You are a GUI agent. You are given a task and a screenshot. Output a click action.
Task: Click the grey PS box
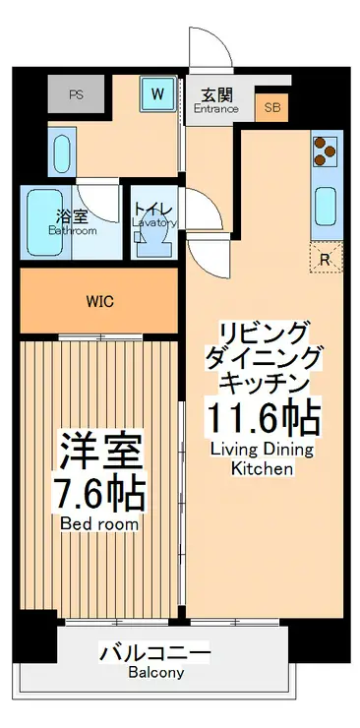(75, 95)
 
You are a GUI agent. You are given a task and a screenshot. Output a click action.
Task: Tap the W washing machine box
(157, 95)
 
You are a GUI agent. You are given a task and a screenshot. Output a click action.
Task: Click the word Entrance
(216, 108)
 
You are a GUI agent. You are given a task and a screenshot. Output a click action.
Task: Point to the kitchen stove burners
(325, 152)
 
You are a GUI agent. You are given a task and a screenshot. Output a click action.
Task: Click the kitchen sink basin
(325, 206)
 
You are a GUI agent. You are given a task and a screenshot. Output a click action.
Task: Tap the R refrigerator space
(326, 258)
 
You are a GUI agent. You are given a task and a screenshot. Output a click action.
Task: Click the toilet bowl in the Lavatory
(152, 241)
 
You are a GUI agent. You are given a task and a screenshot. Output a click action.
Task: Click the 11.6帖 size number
(262, 418)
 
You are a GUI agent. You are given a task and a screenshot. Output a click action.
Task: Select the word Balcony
(154, 673)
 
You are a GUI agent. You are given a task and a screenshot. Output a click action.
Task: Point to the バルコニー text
(154, 653)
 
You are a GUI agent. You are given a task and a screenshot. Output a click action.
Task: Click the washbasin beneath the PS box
(58, 153)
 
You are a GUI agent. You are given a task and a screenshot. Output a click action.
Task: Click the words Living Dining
(262, 450)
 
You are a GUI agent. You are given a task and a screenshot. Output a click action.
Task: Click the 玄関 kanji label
(216, 94)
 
